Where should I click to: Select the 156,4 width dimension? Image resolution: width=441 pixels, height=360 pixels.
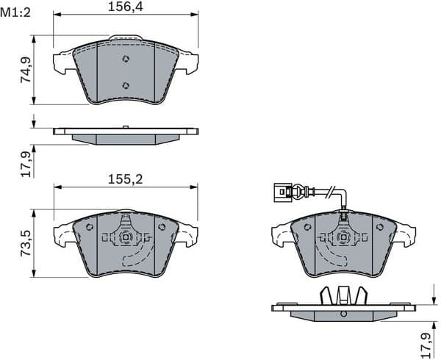pyautogui.click(x=125, y=7)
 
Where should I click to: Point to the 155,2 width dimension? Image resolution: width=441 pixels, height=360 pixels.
pyautogui.click(x=125, y=179)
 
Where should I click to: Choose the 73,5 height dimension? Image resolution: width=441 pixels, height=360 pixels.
pyautogui.click(x=26, y=242)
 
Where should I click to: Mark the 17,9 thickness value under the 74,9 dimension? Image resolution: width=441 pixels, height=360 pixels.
pyautogui.click(x=26, y=162)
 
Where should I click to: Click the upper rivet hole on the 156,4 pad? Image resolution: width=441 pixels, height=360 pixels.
pyautogui.click(x=126, y=60)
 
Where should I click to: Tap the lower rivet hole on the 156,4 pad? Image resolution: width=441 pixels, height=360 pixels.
pyautogui.click(x=126, y=85)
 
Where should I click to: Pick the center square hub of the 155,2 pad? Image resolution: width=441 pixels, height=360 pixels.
pyautogui.click(x=126, y=237)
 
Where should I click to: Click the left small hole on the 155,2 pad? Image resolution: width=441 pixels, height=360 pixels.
pyautogui.click(x=90, y=227)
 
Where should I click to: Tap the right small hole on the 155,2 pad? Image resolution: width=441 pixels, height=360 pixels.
pyautogui.click(x=162, y=227)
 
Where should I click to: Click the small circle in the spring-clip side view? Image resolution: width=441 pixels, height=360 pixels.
pyautogui.click(x=343, y=314)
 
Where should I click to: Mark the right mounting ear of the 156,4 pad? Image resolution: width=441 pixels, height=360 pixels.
pyautogui.click(x=189, y=62)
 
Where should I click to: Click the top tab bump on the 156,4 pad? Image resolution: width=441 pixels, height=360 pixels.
pyautogui.click(x=126, y=37)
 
